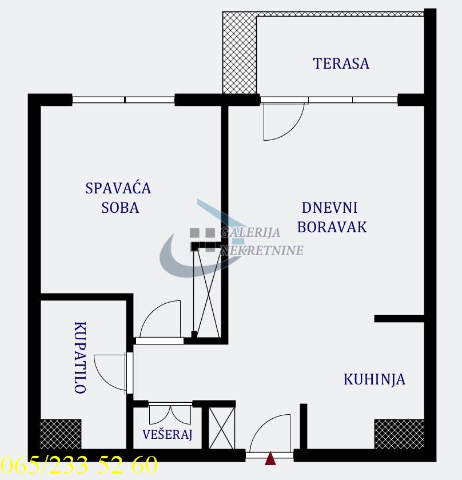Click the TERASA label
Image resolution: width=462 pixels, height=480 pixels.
pyautogui.click(x=341, y=64)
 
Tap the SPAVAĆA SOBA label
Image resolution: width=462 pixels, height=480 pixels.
pyautogui.click(x=119, y=197)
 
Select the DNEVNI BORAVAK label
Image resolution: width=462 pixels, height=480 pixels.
pyautogui.click(x=332, y=217)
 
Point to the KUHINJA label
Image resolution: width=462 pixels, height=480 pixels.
pyautogui.click(x=375, y=379)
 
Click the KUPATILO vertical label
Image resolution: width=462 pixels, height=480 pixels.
pyautogui.click(x=79, y=358)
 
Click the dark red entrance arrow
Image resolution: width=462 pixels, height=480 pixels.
pyautogui.click(x=270, y=458)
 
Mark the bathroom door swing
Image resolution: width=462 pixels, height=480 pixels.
pyautogui.click(x=110, y=372)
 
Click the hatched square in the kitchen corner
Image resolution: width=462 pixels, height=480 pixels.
pyautogui.click(x=399, y=434)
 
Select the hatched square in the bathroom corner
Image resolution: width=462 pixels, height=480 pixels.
pyautogui.click(x=61, y=434)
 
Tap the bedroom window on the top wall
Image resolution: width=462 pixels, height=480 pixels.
pyautogui.click(x=124, y=100)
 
